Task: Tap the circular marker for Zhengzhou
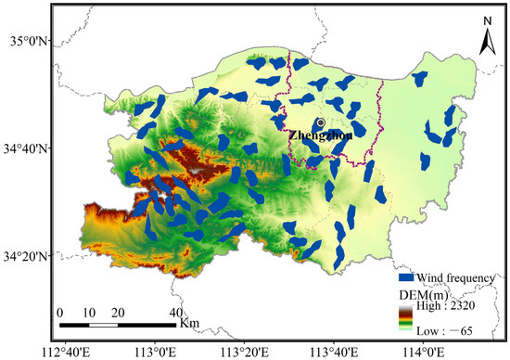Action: (320, 122)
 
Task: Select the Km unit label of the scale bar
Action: (189, 324)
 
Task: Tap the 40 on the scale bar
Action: (174, 313)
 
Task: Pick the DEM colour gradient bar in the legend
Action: (405, 317)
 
